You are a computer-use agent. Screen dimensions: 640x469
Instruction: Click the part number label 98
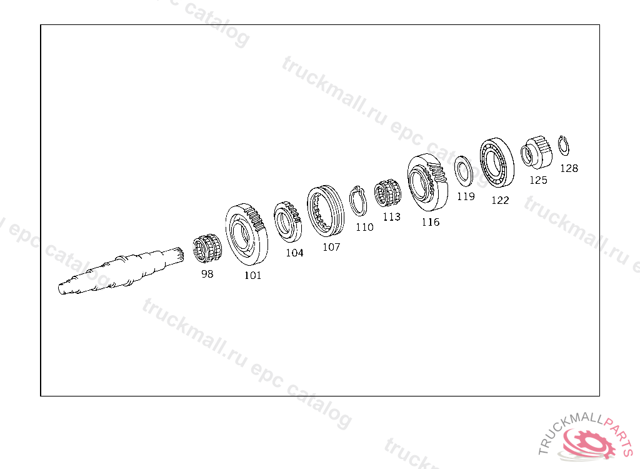(207, 274)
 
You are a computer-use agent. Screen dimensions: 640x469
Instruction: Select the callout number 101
(252, 275)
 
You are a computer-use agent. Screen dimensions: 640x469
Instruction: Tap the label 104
(294, 253)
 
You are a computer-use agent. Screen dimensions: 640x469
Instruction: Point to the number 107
(331, 247)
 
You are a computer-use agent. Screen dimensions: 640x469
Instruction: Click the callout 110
(364, 227)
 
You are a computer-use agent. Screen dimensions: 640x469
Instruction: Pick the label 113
(391, 217)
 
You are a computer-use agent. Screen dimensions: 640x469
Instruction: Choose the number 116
(431, 222)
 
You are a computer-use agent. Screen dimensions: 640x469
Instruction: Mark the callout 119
(466, 196)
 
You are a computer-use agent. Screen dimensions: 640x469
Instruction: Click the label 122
(500, 200)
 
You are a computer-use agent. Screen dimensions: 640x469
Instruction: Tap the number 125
(538, 180)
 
